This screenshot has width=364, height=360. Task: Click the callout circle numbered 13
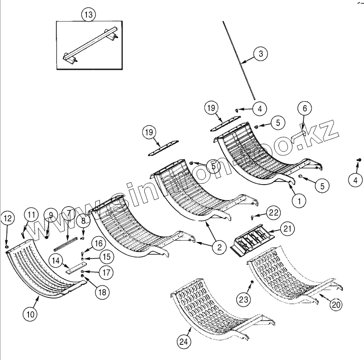click(x=89, y=15)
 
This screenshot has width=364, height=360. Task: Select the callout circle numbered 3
click(x=261, y=54)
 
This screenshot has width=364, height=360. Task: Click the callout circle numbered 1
click(x=299, y=200)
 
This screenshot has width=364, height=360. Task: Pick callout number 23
click(x=243, y=300)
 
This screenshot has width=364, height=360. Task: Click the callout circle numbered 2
click(x=219, y=247)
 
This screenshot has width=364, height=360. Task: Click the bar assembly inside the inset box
click(x=90, y=47)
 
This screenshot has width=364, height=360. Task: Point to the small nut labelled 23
click(x=252, y=281)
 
